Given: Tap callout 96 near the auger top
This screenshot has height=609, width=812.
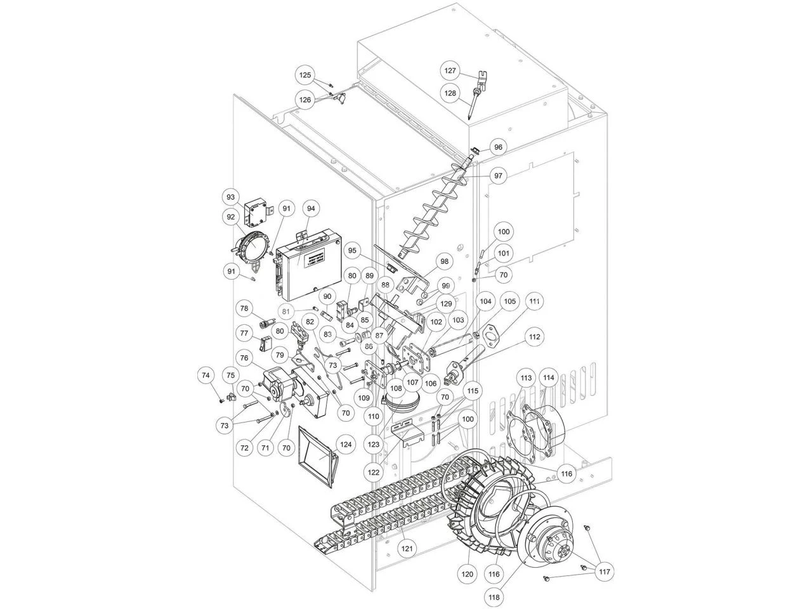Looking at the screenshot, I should pos(498,147).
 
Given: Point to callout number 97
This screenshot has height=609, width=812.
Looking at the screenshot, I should pos(498,175).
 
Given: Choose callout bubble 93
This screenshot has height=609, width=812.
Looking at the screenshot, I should pos(231,197).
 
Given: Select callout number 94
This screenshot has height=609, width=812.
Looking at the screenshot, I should pos(311,208).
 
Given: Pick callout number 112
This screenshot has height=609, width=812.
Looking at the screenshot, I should pos(534,337).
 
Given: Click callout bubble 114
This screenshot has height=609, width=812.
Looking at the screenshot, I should pos(548,378).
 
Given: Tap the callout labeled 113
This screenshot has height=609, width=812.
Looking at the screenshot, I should pos(526,378).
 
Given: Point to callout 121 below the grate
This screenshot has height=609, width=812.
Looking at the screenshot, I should pos(407,547).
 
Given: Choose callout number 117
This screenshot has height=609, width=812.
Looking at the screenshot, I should pos(605,572).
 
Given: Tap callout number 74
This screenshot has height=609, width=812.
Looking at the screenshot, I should pos(205,376).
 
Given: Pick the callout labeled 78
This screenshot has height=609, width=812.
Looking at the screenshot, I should pos(244,308).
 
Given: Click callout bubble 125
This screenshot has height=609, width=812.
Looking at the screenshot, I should pos(306,75).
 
